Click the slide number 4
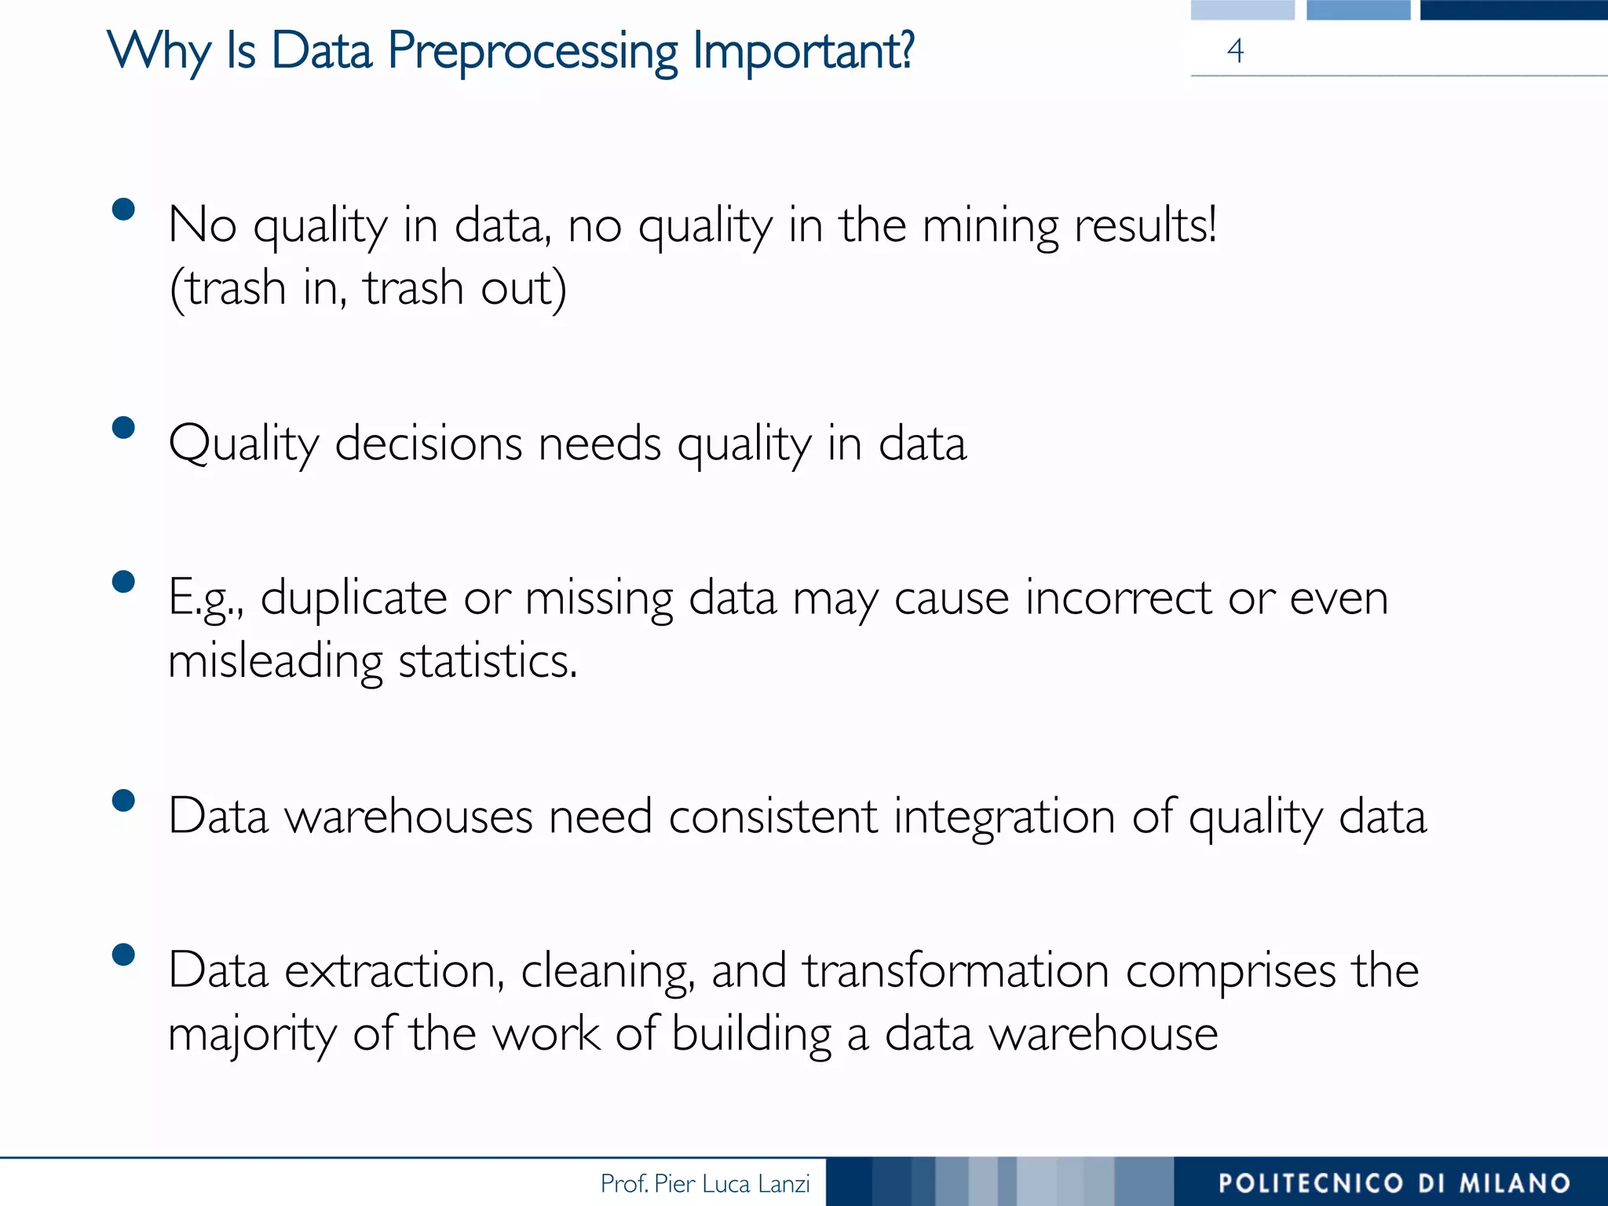tap(1235, 51)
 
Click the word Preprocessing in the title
tap(532, 52)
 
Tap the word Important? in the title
tap(803, 52)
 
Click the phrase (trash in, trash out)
tap(367, 288)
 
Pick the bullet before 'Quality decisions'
tap(123, 427)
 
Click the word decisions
tap(430, 444)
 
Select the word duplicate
tap(354, 599)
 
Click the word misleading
tap(276, 662)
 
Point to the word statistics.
tap(488, 662)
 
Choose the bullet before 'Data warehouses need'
tap(123, 800)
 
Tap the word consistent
tap(773, 817)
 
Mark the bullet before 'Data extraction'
tap(123, 954)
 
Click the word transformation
tap(955, 971)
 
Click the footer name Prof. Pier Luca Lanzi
tap(704, 1183)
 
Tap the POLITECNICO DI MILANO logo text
tap(1394, 1183)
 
